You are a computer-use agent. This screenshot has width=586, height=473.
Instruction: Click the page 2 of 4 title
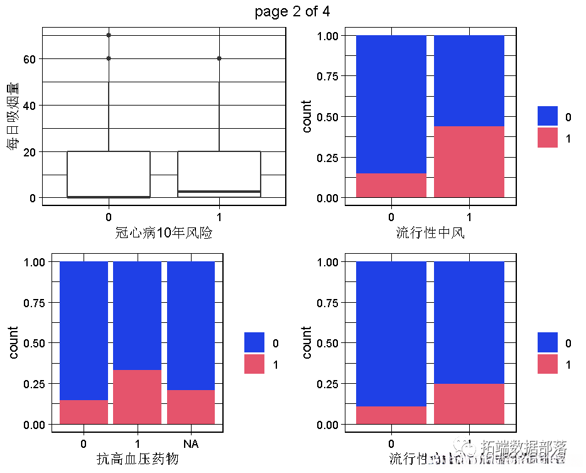(x=292, y=12)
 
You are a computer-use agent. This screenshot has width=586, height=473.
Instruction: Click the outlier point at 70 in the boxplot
(x=109, y=35)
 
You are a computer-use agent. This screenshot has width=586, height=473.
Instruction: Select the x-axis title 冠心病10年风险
(x=164, y=233)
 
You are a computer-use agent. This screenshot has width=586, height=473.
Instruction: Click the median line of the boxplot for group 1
(x=219, y=191)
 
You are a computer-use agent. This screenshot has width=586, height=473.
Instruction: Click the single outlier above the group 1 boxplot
(x=219, y=58)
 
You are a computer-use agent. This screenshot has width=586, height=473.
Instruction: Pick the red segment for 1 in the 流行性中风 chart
(x=469, y=162)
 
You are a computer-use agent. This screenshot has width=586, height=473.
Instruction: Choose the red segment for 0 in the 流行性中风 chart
(x=391, y=185)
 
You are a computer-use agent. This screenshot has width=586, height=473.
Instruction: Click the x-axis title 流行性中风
(x=430, y=233)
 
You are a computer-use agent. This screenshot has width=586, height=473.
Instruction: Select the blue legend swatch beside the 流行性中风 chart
(x=548, y=116)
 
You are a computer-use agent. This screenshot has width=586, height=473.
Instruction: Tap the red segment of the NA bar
(x=191, y=407)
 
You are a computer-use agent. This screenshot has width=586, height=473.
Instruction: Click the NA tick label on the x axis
(x=191, y=444)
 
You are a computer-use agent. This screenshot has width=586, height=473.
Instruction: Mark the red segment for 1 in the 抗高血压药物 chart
(x=138, y=397)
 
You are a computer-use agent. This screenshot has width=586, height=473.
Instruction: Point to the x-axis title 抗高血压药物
(x=137, y=459)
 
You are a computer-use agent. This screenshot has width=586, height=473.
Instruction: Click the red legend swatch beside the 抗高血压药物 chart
(x=254, y=364)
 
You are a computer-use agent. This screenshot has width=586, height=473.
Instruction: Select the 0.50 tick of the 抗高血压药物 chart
(x=38, y=343)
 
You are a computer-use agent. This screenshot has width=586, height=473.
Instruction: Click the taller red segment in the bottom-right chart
(x=469, y=404)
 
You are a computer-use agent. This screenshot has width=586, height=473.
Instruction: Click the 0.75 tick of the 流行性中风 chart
(x=331, y=77)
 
